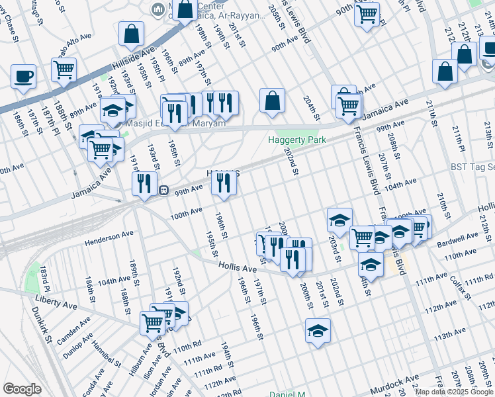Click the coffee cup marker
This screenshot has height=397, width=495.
24,75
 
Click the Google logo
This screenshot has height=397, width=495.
22,389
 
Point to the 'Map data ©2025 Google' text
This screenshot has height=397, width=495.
454,392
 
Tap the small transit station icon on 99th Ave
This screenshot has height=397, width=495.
162,189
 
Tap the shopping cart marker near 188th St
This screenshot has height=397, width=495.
64,69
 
